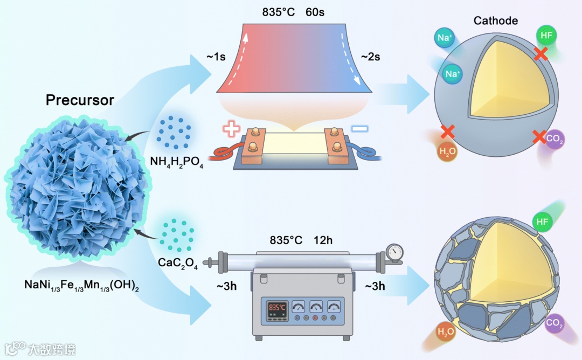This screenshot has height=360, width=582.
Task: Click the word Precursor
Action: click(x=80, y=100)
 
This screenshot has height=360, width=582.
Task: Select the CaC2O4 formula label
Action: click(x=178, y=264)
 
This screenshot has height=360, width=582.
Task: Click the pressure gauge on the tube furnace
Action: click(x=396, y=251)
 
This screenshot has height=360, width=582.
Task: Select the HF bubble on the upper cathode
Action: click(x=547, y=36)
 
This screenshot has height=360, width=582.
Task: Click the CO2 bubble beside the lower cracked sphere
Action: click(x=554, y=323)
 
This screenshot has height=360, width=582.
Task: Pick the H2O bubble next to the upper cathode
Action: click(x=447, y=151)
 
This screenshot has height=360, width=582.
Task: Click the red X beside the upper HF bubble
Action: click(x=541, y=53)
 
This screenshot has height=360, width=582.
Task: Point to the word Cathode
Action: click(x=495, y=21)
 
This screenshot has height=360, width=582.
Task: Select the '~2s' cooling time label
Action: click(x=370, y=57)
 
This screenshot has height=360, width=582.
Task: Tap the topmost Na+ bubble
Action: click(x=446, y=38)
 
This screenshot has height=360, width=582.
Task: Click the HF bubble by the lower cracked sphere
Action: click(x=543, y=221)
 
